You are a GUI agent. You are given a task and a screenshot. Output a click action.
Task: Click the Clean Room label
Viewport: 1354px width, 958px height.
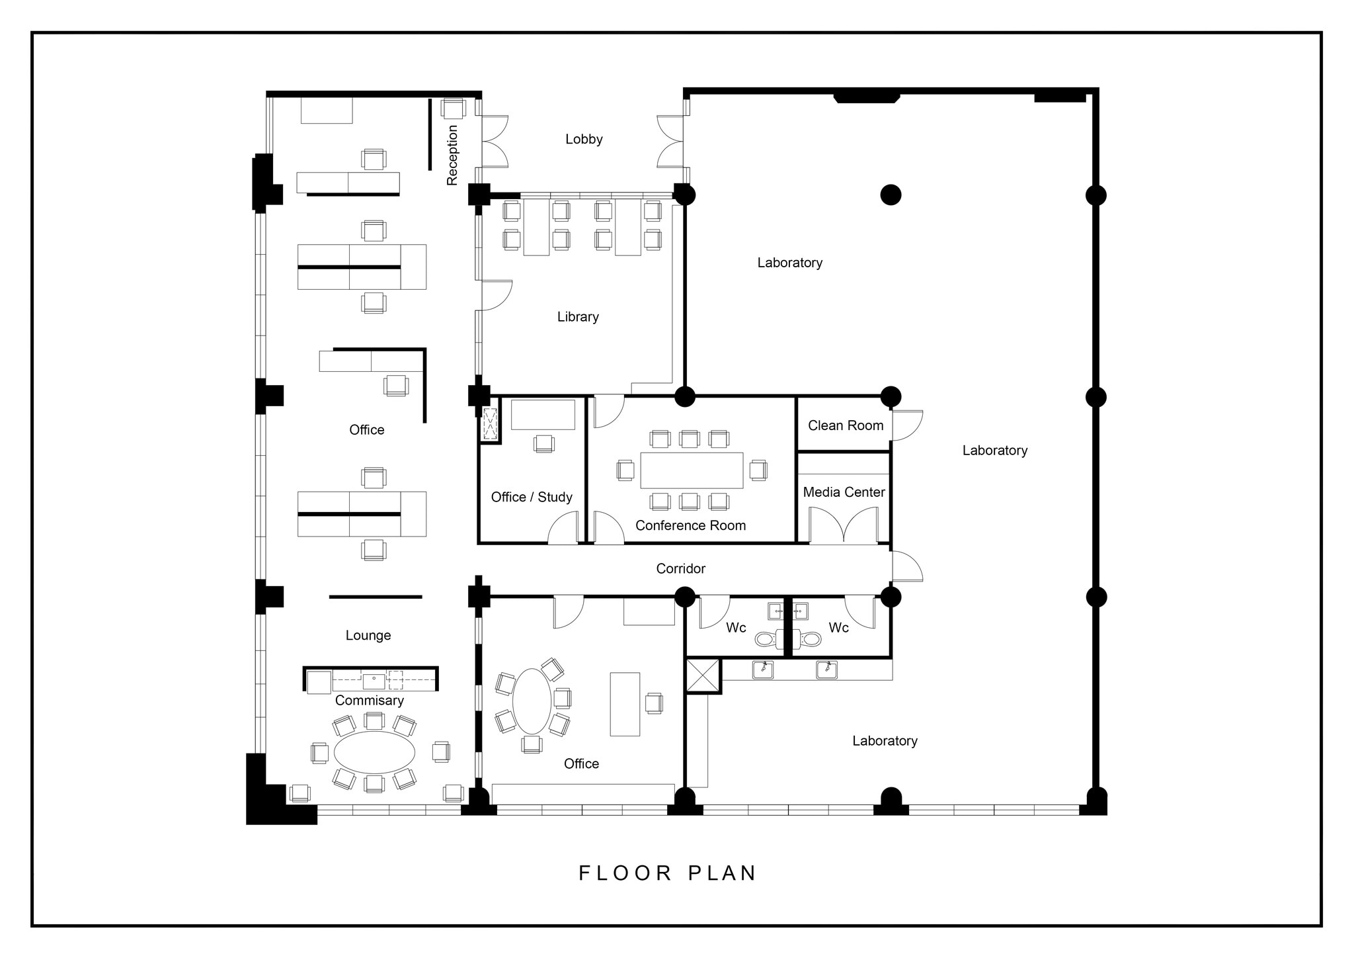point(846,425)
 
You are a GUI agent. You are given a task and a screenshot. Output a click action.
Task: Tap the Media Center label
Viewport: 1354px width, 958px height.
point(844,492)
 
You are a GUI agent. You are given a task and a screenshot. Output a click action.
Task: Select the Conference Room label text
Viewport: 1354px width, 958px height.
point(690,525)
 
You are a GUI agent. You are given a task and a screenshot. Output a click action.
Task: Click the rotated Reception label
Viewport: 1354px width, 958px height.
point(452,155)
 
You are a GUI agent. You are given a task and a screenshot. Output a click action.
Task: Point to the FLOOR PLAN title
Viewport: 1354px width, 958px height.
point(667,873)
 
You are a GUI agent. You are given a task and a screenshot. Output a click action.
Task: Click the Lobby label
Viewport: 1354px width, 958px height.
point(584,139)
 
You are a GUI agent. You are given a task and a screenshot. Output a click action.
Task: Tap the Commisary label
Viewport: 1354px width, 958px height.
point(369,700)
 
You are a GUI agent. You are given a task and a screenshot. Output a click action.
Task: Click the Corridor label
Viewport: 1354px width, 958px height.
point(680,568)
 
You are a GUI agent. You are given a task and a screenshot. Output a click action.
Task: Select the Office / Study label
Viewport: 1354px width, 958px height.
point(532,497)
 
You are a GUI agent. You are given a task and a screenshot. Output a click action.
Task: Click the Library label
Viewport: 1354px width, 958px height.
point(578,317)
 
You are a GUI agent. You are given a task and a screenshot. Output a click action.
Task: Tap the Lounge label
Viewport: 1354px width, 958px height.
point(368,635)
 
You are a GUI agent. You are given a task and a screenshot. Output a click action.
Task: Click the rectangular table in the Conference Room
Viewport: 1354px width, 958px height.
point(692,470)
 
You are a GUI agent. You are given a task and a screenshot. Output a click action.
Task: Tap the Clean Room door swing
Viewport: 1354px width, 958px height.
point(906,425)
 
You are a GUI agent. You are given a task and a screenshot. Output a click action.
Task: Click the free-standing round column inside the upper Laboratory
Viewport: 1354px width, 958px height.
point(891,195)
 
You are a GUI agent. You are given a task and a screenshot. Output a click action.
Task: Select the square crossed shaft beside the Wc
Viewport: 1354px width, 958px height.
point(703,675)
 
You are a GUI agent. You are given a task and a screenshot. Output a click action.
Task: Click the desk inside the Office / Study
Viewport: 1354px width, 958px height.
point(543,415)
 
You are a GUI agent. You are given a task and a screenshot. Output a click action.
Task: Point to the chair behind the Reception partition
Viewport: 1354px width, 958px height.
point(454,109)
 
